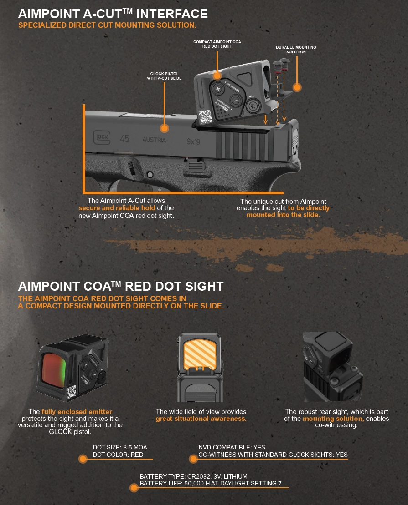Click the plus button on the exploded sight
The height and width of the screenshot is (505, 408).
(x=218, y=89)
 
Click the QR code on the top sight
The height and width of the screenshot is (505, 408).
(x=205, y=116)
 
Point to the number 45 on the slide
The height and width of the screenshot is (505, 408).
(x=124, y=139)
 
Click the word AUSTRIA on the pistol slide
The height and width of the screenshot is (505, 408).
(x=154, y=140)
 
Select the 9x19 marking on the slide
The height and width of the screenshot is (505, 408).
(x=193, y=141)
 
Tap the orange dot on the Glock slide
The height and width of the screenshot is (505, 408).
(x=165, y=128)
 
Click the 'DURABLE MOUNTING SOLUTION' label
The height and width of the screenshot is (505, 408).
(x=296, y=50)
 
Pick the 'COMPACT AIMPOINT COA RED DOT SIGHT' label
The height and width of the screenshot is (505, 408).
(x=217, y=44)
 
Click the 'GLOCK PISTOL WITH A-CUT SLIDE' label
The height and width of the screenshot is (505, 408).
(x=164, y=76)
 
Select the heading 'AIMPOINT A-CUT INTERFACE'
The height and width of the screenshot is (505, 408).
(x=113, y=14)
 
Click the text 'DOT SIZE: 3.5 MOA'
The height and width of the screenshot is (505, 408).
(x=120, y=447)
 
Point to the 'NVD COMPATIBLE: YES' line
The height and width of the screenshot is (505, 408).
(x=232, y=447)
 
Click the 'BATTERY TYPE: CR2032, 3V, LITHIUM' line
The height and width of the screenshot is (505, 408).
(x=194, y=476)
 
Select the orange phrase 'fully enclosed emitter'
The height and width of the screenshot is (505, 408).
(x=77, y=412)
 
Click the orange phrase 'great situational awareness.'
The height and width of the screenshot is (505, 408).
(x=201, y=419)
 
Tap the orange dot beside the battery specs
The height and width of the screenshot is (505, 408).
(x=134, y=488)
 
